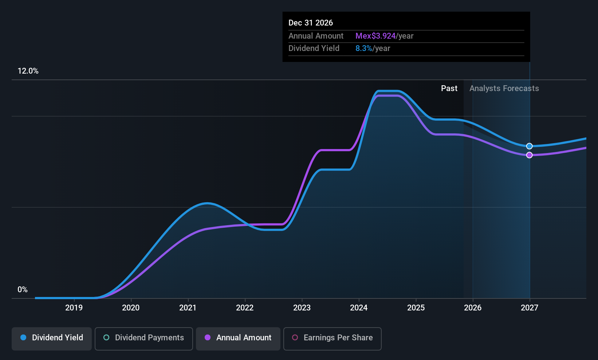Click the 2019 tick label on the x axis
(74, 308)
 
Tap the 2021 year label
(188, 308)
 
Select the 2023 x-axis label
(302, 308)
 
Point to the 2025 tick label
(416, 308)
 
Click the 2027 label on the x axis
(530, 308)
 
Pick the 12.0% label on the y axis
(28, 71)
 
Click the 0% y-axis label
(23, 290)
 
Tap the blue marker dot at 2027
(530, 146)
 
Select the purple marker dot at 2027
(530, 155)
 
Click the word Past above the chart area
(449, 89)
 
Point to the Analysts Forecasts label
(504, 89)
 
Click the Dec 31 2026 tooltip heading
(311, 23)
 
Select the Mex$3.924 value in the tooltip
(375, 36)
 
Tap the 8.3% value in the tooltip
(363, 48)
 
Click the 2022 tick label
(245, 308)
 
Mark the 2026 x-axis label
(473, 308)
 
